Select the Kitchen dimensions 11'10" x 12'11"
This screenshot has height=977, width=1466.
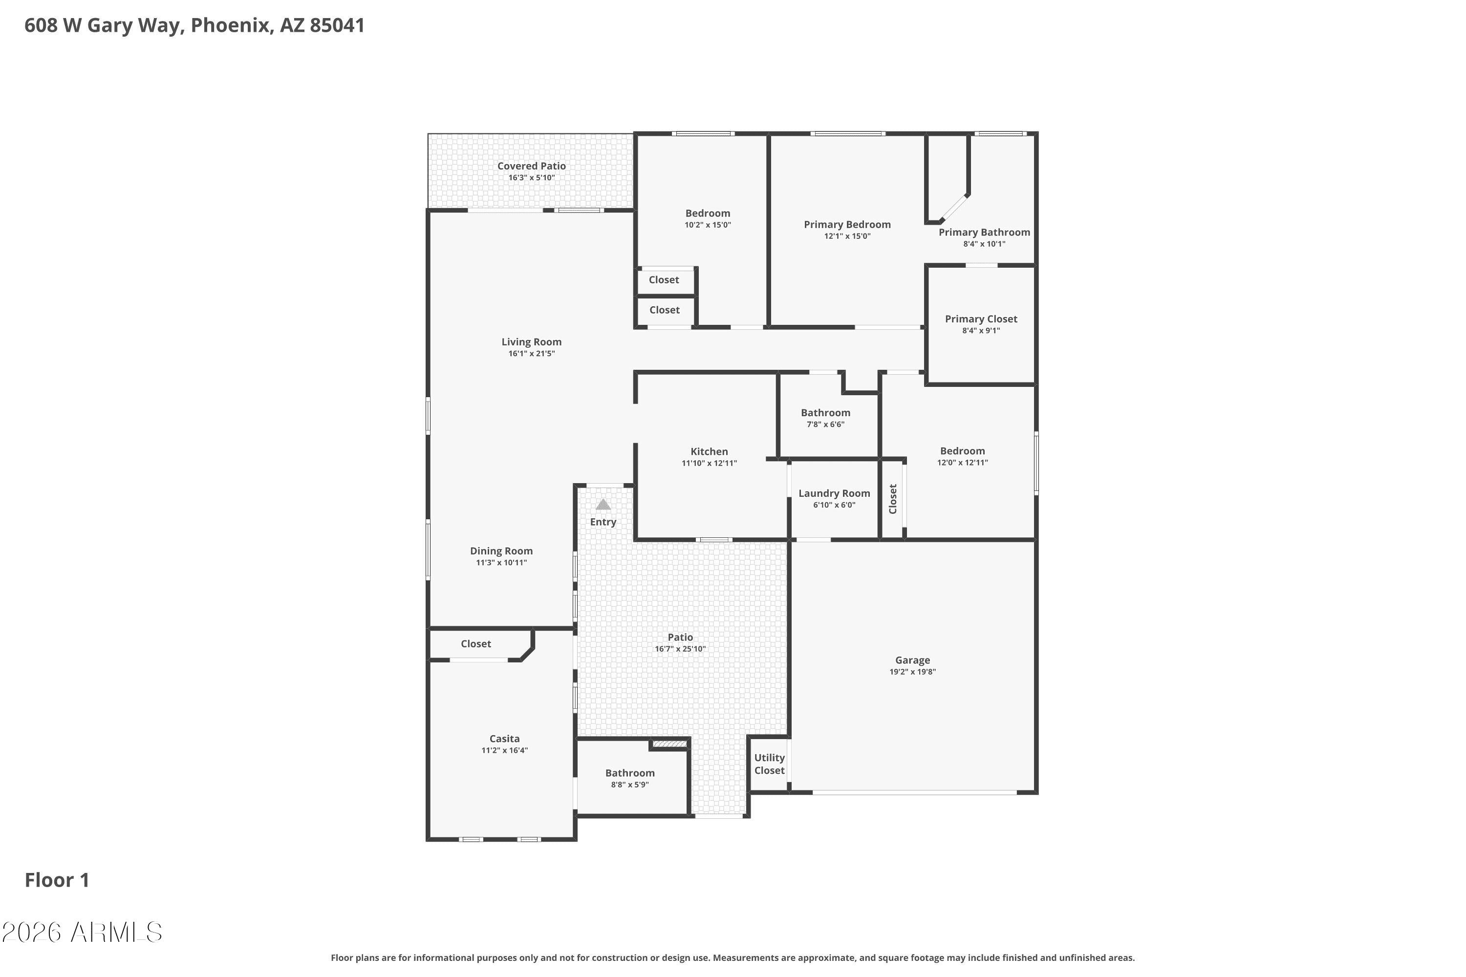tap(710, 463)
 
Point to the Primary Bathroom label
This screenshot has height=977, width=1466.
tap(984, 233)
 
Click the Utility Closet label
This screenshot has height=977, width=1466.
tap(769, 764)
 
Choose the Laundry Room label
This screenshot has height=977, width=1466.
tap(834, 493)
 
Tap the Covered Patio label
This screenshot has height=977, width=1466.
tap(532, 166)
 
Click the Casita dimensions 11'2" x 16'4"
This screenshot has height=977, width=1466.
tap(504, 750)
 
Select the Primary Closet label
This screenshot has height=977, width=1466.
tap(981, 319)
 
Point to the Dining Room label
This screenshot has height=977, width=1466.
tap(501, 551)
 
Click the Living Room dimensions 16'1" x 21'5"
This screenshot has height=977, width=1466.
tap(532, 353)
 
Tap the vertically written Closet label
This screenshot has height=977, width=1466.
tap(893, 499)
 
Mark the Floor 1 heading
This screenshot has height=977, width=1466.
tap(57, 880)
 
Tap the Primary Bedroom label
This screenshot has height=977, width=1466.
tap(847, 224)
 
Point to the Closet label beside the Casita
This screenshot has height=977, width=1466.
tap(475, 644)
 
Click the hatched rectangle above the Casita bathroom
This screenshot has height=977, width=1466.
tap(669, 744)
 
